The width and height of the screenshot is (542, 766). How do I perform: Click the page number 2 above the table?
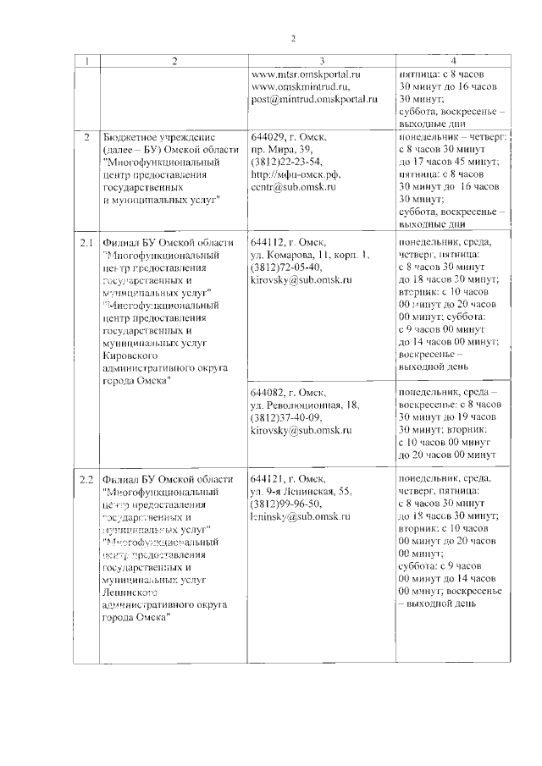[x=293, y=38]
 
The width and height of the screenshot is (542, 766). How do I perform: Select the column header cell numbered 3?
[x=321, y=60]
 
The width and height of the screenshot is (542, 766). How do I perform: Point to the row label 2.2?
[x=86, y=479]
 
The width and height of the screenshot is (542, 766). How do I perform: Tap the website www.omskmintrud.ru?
[x=301, y=86]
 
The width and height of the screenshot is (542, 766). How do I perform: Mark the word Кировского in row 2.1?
[x=129, y=356]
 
